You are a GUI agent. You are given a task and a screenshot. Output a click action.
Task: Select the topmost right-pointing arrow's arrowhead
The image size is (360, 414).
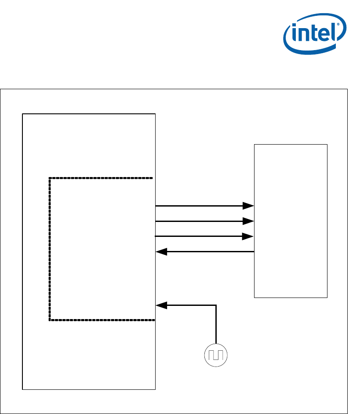[248, 205]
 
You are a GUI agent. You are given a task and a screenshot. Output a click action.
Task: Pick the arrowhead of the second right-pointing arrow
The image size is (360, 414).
[248, 221]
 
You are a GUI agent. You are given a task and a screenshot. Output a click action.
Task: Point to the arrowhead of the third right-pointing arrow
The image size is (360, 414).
[248, 236]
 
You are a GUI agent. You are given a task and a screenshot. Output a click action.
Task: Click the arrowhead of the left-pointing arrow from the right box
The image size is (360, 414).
[161, 252]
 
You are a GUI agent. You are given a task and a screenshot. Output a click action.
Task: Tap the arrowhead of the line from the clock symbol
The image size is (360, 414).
[161, 305]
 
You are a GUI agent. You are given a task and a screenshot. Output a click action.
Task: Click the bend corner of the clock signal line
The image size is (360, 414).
[216, 305]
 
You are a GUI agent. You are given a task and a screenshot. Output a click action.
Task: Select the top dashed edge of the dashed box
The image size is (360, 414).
[101, 178]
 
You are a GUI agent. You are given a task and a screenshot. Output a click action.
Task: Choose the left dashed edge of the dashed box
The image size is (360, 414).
[50, 249]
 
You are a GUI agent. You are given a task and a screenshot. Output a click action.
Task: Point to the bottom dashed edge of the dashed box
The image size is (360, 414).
[101, 320]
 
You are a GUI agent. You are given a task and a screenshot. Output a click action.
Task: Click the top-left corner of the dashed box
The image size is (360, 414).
[50, 178]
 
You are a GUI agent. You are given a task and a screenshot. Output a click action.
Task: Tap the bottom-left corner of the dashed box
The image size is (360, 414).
[50, 320]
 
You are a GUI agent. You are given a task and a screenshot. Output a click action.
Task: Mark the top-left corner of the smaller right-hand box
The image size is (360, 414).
[255, 144]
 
